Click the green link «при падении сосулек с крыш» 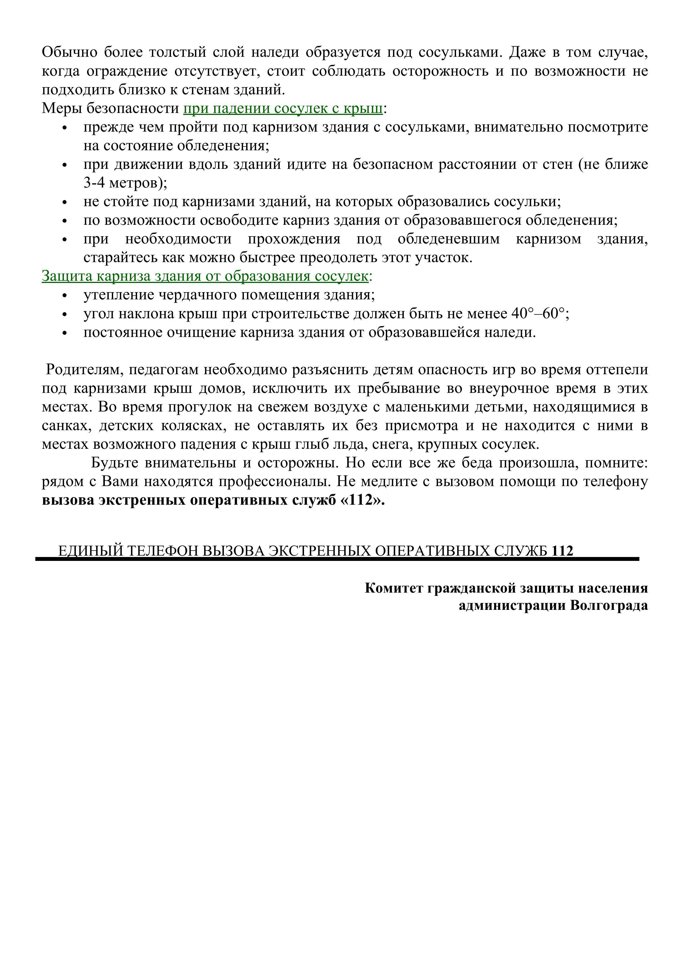tap(283, 109)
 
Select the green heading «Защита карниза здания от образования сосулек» tap(204, 276)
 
